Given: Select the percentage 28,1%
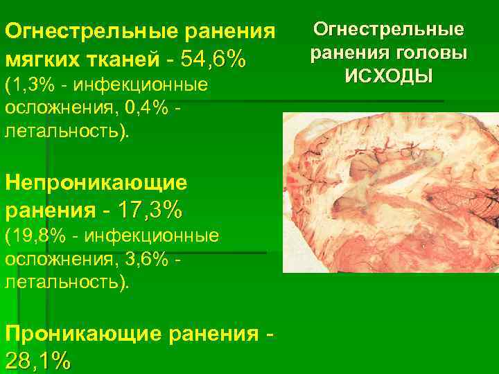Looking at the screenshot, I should [x=38, y=360].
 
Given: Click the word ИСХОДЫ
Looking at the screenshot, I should [x=389, y=75].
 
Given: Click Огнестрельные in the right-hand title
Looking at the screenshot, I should [x=389, y=30].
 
